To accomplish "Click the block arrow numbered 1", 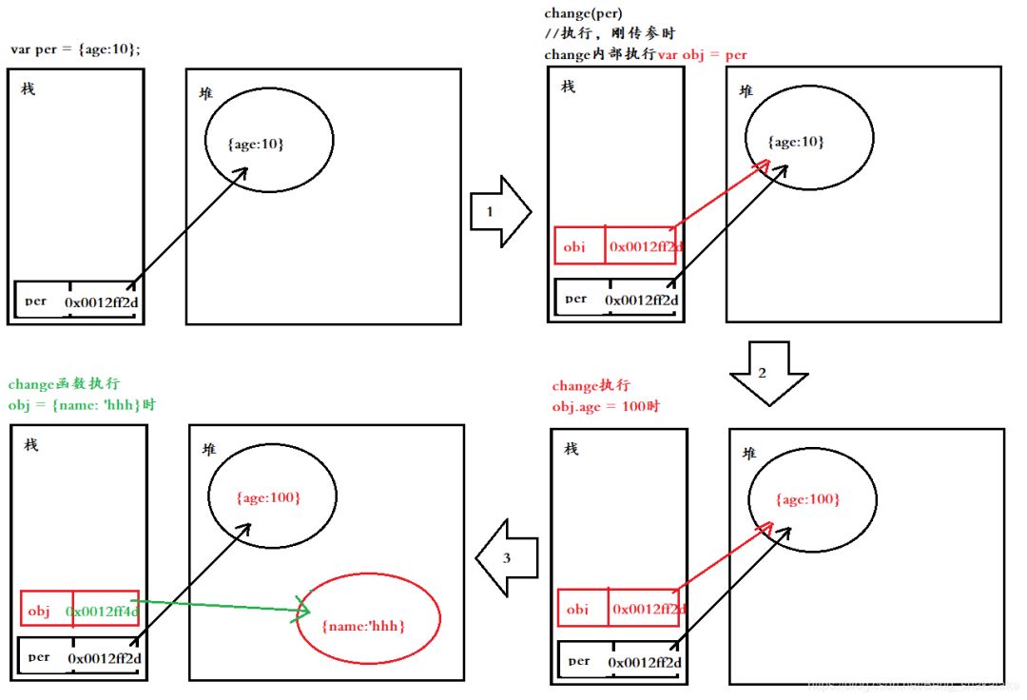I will pyautogui.click(x=498, y=211).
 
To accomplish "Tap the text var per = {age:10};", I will pyautogui.click(x=75, y=49).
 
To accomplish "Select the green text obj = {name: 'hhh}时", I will pyautogui.click(x=82, y=404).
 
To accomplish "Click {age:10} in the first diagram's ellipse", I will pyautogui.click(x=256, y=143).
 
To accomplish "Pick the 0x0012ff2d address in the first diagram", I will pyautogui.click(x=100, y=301).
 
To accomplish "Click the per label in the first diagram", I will pyautogui.click(x=37, y=301).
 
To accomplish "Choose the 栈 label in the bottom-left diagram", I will pyautogui.click(x=31, y=445).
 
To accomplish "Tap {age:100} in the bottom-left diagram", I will pyautogui.click(x=268, y=497).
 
